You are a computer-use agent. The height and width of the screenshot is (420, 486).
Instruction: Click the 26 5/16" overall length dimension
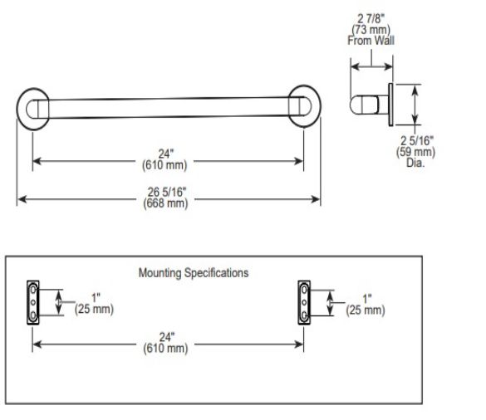click(167, 193)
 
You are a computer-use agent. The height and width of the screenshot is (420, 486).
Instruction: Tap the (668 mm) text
click(165, 203)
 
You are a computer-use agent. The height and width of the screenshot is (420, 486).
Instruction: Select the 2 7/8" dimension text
click(371, 18)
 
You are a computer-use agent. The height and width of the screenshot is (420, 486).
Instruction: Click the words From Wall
click(371, 41)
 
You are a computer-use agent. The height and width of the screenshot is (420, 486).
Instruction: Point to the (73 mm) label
click(371, 30)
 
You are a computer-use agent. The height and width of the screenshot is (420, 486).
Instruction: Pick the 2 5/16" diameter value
click(417, 141)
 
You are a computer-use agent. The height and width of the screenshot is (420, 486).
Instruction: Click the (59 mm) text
click(415, 152)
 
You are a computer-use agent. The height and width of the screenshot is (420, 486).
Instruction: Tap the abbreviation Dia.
click(415, 163)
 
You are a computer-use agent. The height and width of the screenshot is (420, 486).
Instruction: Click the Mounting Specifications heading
click(194, 273)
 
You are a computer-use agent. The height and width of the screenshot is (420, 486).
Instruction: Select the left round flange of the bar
click(17, 109)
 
